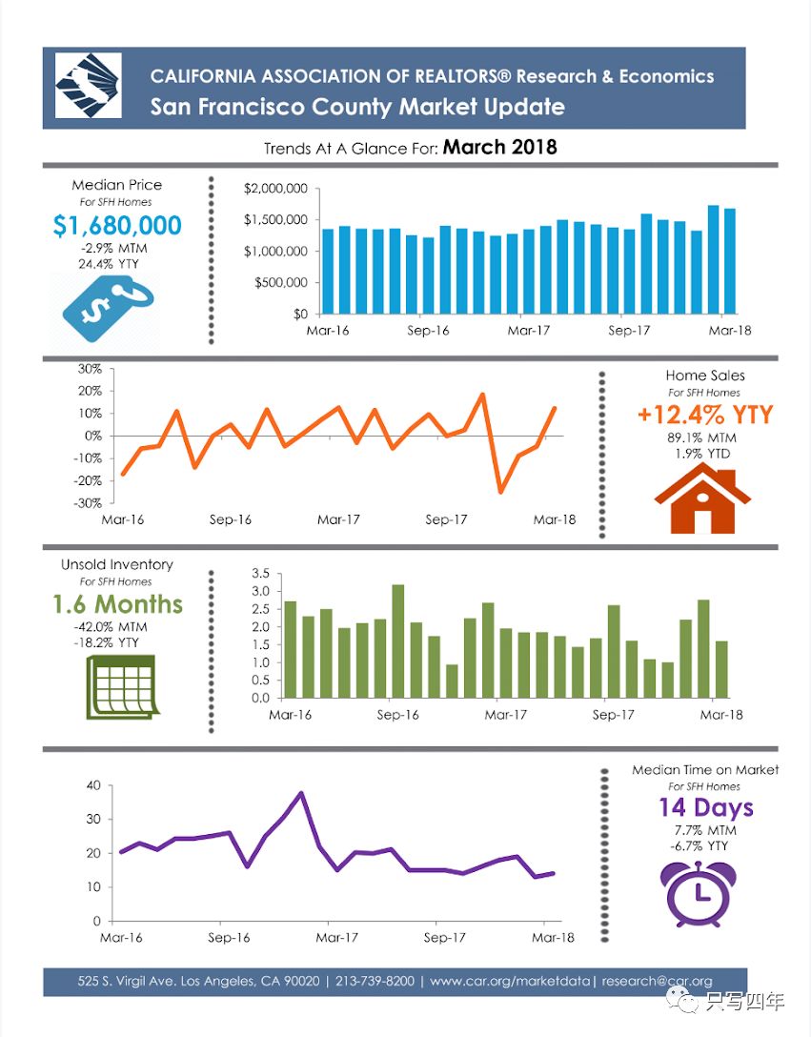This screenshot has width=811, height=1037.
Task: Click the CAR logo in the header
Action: pos(89,86)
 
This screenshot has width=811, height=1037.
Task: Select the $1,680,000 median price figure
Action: pos(117,226)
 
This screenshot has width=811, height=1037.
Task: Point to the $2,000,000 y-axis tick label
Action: pos(275,189)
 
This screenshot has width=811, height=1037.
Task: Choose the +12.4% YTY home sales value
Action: pos(705,416)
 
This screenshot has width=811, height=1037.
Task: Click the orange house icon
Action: pos(702,498)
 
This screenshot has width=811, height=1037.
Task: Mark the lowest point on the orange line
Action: pos(500,492)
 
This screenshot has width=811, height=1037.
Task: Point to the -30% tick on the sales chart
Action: pos(89,503)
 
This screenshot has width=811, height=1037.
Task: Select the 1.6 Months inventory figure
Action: pos(117,604)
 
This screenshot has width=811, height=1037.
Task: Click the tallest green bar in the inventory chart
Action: pos(398,640)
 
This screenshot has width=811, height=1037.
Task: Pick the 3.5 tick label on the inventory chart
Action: pos(260,573)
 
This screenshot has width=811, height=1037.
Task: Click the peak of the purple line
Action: pos(301,793)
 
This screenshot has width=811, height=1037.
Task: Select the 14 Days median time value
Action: pos(705,808)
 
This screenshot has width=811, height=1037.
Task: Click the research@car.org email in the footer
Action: pos(657,981)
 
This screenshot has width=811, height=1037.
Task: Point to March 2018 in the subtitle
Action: pos(499,148)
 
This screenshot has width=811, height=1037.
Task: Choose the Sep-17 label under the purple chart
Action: pos(444,938)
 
